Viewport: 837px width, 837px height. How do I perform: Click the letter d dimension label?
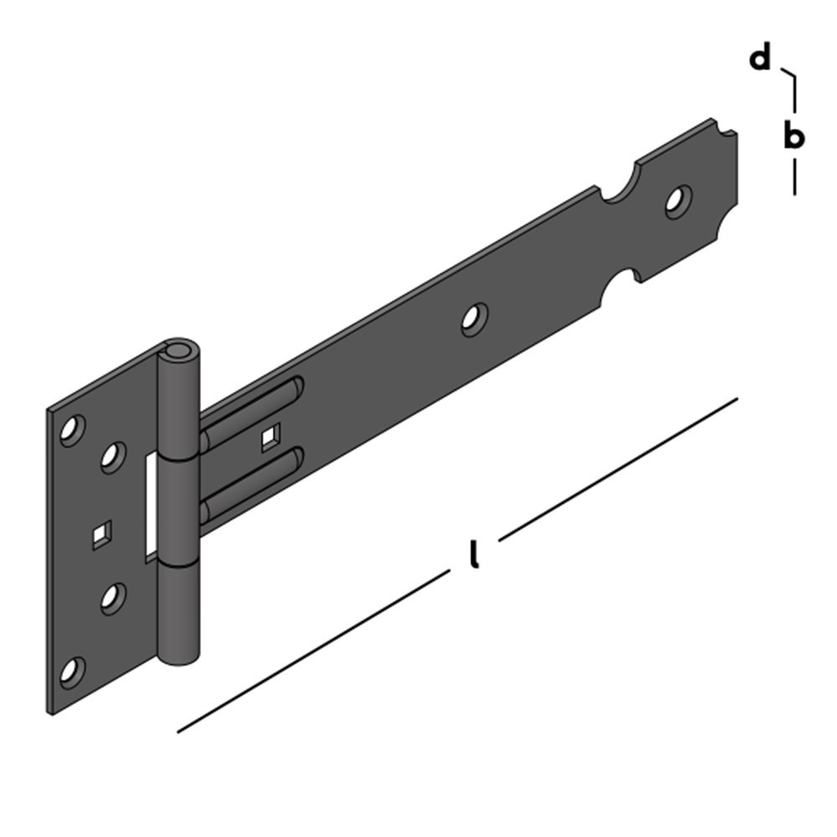(x=759, y=59)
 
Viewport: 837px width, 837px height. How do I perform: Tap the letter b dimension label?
(x=793, y=136)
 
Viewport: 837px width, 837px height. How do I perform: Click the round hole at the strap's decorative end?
(x=677, y=201)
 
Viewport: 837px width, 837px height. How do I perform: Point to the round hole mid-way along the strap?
(x=474, y=319)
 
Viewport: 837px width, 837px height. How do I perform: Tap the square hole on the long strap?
(x=270, y=438)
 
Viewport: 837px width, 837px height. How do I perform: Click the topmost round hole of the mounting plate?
(x=72, y=429)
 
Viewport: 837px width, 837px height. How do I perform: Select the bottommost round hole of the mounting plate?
(x=72, y=670)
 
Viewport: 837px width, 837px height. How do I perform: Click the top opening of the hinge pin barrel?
(x=178, y=349)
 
